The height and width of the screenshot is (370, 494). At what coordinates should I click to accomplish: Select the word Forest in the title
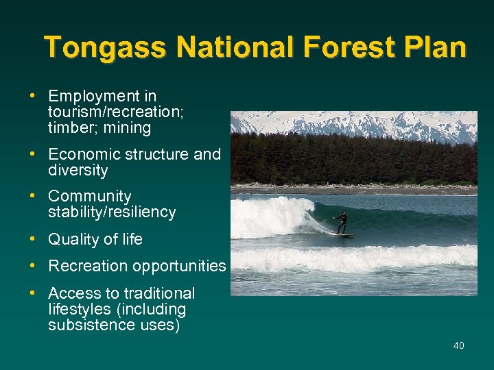pos(349,48)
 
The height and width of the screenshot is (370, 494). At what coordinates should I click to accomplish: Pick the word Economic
pos(84,155)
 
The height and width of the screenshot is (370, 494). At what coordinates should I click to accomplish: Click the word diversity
pos(78,171)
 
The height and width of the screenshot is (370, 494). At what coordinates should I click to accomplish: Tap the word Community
pos(90,197)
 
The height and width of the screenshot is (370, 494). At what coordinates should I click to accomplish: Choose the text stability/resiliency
pos(112,213)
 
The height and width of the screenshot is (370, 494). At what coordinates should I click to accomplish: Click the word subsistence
pos(87,325)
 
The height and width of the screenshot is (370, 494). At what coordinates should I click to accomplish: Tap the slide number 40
pos(458,345)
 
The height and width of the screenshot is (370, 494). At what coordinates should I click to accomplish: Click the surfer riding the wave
pos(342,221)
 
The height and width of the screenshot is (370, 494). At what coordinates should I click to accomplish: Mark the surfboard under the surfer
pos(343,236)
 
